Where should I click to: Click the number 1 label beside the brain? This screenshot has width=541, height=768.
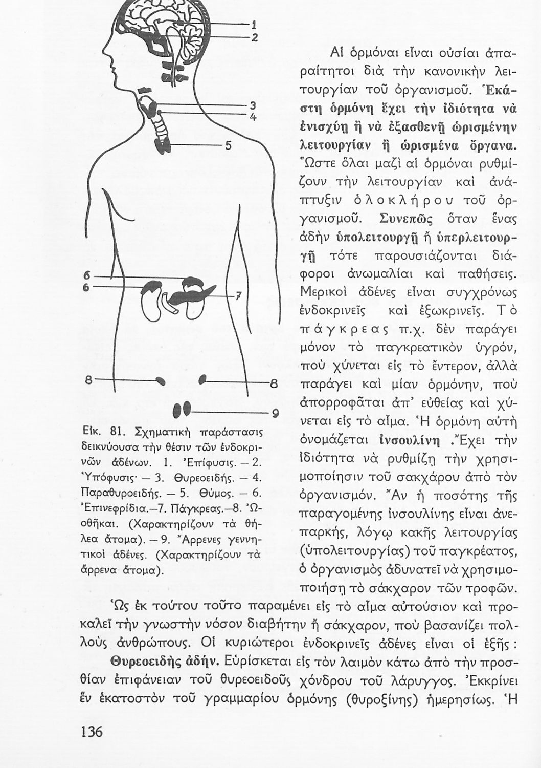tap(253, 24)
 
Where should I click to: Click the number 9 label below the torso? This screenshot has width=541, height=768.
tap(274, 413)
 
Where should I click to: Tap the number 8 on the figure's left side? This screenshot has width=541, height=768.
tap(88, 380)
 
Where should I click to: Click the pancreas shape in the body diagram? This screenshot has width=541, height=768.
tap(179, 297)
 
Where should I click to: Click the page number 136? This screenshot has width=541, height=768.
tap(92, 731)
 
